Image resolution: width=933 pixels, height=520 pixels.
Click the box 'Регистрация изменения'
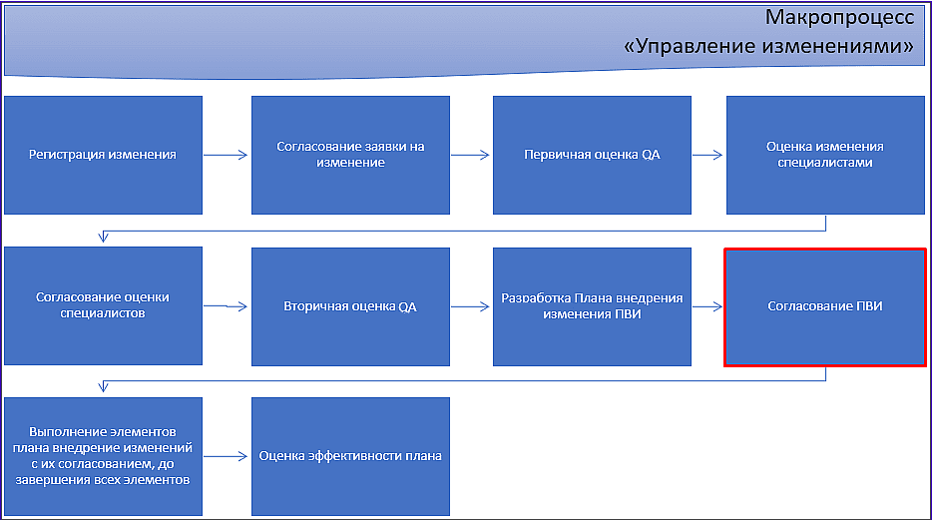click(103, 155)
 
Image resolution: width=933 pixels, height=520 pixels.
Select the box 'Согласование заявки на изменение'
click(350, 155)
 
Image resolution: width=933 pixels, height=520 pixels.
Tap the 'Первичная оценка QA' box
click(592, 155)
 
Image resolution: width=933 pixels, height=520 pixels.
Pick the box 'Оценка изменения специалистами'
click(825, 155)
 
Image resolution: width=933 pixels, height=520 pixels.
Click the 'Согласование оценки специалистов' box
click(103, 305)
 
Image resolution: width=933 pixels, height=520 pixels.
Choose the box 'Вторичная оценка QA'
click(350, 306)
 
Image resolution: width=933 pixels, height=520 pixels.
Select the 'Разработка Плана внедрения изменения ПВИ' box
click(592, 306)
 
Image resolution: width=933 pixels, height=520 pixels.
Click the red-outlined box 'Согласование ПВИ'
click(825, 306)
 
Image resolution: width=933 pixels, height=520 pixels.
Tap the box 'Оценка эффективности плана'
click(350, 456)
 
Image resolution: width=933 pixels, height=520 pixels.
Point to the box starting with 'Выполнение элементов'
click(103, 456)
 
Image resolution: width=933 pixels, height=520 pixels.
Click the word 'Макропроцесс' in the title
click(839, 17)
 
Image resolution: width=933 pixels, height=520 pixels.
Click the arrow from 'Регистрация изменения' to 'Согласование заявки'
click(226, 155)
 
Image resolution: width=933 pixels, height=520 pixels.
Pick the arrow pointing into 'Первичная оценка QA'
click(470, 155)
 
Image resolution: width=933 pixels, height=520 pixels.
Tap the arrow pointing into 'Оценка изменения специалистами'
click(707, 155)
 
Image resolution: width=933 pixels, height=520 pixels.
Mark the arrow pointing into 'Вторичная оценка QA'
click(226, 306)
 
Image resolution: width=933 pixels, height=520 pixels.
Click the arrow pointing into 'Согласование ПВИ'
click(707, 306)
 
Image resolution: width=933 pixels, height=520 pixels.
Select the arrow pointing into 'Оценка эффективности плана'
click(226, 456)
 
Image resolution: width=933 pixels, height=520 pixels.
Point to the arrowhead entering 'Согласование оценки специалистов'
click(103, 238)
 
